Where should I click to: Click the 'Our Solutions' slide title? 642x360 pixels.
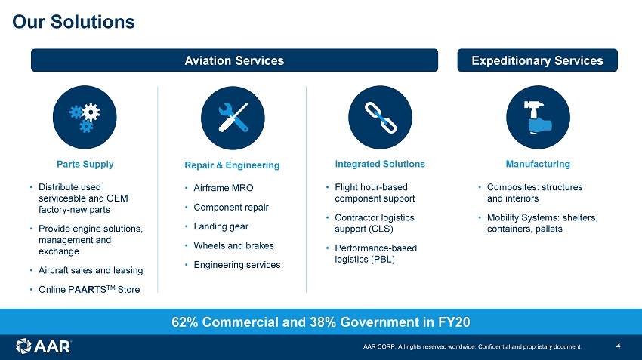pyautogui.click(x=74, y=22)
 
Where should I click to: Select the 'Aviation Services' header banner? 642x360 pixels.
pyautogui.click(x=234, y=60)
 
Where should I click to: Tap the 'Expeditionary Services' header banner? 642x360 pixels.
pyautogui.click(x=537, y=60)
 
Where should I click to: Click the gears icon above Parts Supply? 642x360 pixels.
pyautogui.click(x=85, y=118)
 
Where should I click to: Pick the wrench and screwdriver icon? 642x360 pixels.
pyautogui.click(x=233, y=118)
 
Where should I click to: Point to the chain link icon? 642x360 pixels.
pyautogui.click(x=381, y=118)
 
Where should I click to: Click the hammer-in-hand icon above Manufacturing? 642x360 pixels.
pyautogui.click(x=538, y=118)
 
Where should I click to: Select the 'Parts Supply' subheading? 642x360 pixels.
pyautogui.click(x=85, y=164)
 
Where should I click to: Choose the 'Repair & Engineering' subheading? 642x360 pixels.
pyautogui.click(x=232, y=165)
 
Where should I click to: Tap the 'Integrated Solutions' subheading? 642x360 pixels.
pyautogui.click(x=380, y=164)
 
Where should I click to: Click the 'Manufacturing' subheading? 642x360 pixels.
pyautogui.click(x=538, y=164)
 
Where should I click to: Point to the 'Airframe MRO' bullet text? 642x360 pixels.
pyautogui.click(x=224, y=188)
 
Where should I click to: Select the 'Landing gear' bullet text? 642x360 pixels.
pyautogui.click(x=221, y=226)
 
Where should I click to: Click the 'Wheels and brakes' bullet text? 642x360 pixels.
pyautogui.click(x=234, y=245)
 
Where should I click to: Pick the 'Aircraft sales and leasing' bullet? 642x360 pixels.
pyautogui.click(x=91, y=270)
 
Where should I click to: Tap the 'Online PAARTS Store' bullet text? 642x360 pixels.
pyautogui.click(x=89, y=289)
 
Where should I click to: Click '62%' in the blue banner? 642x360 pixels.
pyautogui.click(x=184, y=322)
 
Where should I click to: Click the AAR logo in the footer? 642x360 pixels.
pyautogui.click(x=43, y=346)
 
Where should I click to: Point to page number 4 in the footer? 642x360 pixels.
pyautogui.click(x=619, y=346)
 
